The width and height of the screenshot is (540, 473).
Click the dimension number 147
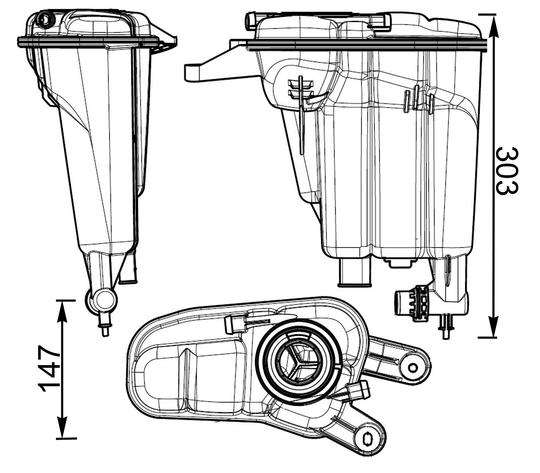pyautogui.click(x=49, y=369)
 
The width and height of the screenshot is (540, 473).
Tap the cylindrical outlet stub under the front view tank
pyautogui.click(x=355, y=273)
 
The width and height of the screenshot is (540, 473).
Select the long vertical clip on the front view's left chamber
pyautogui.click(x=302, y=115)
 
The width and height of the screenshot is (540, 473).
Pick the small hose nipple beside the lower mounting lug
pyautogui.click(x=359, y=391)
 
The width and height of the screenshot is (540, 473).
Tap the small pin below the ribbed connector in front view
pyautogui.click(x=446, y=327)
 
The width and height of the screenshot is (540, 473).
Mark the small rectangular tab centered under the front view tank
pyautogui.click(x=398, y=263)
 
